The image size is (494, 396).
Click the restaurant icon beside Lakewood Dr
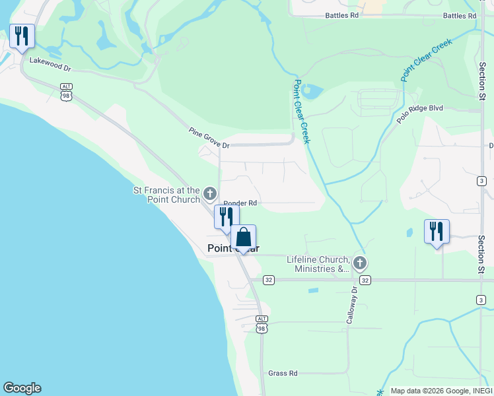point(22,37)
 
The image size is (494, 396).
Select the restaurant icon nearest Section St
point(437,232)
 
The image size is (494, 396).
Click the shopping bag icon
point(243,237)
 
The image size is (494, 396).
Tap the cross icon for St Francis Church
point(210,193)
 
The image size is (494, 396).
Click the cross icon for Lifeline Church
point(359,263)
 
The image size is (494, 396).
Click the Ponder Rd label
point(240,203)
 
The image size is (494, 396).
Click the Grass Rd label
point(283,373)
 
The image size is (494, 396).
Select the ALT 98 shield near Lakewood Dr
point(66,91)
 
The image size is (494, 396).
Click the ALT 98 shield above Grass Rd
point(262,323)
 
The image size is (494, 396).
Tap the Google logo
point(22,388)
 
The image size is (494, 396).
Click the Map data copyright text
point(441,391)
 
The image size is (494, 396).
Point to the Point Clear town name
point(233,249)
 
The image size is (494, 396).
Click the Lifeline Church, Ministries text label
point(318,264)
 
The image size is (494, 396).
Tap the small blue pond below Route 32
point(313,290)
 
